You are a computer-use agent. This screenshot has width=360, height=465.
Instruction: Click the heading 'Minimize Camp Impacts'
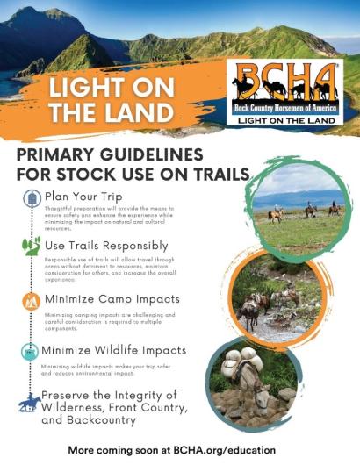113,298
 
